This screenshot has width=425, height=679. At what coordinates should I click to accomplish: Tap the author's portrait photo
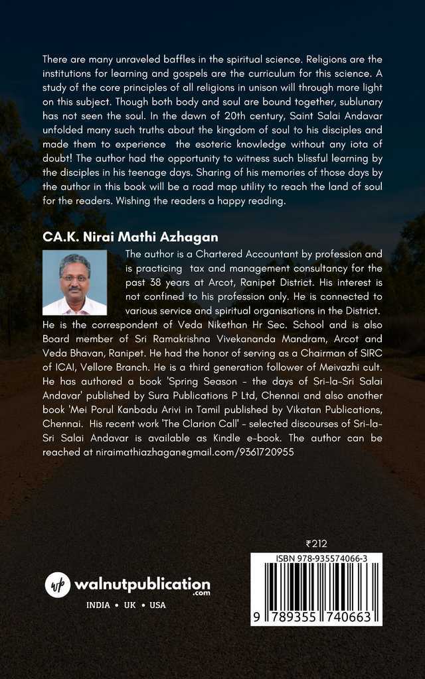click(74, 282)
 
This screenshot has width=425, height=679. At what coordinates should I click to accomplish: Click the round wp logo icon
click(57, 584)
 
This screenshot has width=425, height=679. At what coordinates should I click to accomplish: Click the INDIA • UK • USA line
click(126, 605)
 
